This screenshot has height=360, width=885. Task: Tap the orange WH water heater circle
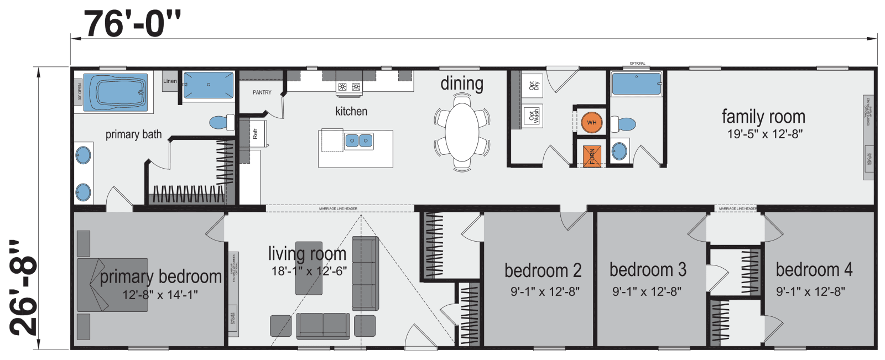click(591, 123)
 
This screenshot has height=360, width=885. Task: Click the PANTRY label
click(262, 92)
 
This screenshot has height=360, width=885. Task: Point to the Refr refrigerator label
click(256, 134)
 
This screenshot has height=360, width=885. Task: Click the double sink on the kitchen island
click(358, 141)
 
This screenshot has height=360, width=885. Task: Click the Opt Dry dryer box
click(533, 85)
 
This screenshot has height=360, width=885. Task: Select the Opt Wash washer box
click(533, 116)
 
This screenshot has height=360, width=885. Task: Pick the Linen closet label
click(170, 81)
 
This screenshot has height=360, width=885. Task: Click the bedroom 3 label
click(648, 270)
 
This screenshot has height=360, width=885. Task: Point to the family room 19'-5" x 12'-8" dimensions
click(764, 134)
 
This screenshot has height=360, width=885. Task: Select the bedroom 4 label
click(814, 270)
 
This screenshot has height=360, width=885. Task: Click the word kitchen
click(351, 111)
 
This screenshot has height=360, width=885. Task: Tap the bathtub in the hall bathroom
click(636, 85)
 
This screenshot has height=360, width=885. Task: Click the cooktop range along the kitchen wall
click(349, 87)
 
